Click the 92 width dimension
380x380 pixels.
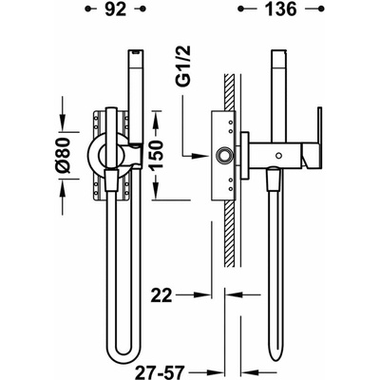pos(116,9)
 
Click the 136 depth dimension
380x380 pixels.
pos(281,9)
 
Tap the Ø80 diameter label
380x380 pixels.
pos(64,156)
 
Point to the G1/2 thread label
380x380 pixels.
pos(183,66)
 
